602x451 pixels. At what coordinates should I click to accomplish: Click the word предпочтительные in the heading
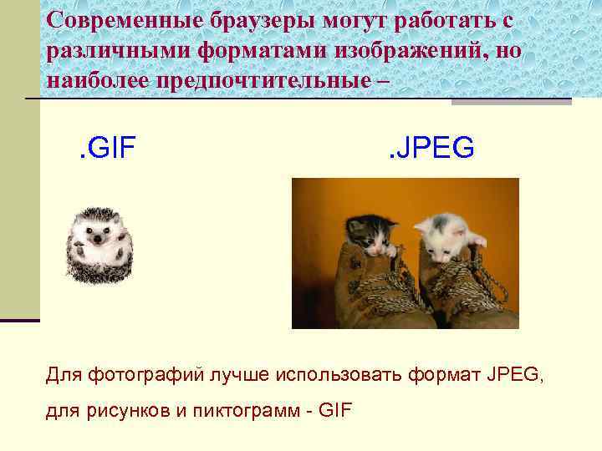click(285, 82)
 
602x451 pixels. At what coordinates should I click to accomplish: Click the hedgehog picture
click(99, 243)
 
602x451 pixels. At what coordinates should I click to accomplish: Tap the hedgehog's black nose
click(99, 239)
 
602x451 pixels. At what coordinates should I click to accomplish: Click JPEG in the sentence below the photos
click(513, 376)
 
